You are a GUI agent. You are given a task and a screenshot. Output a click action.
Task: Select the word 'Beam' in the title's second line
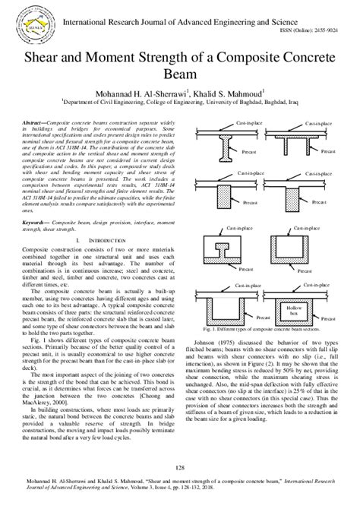coord(179,75)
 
